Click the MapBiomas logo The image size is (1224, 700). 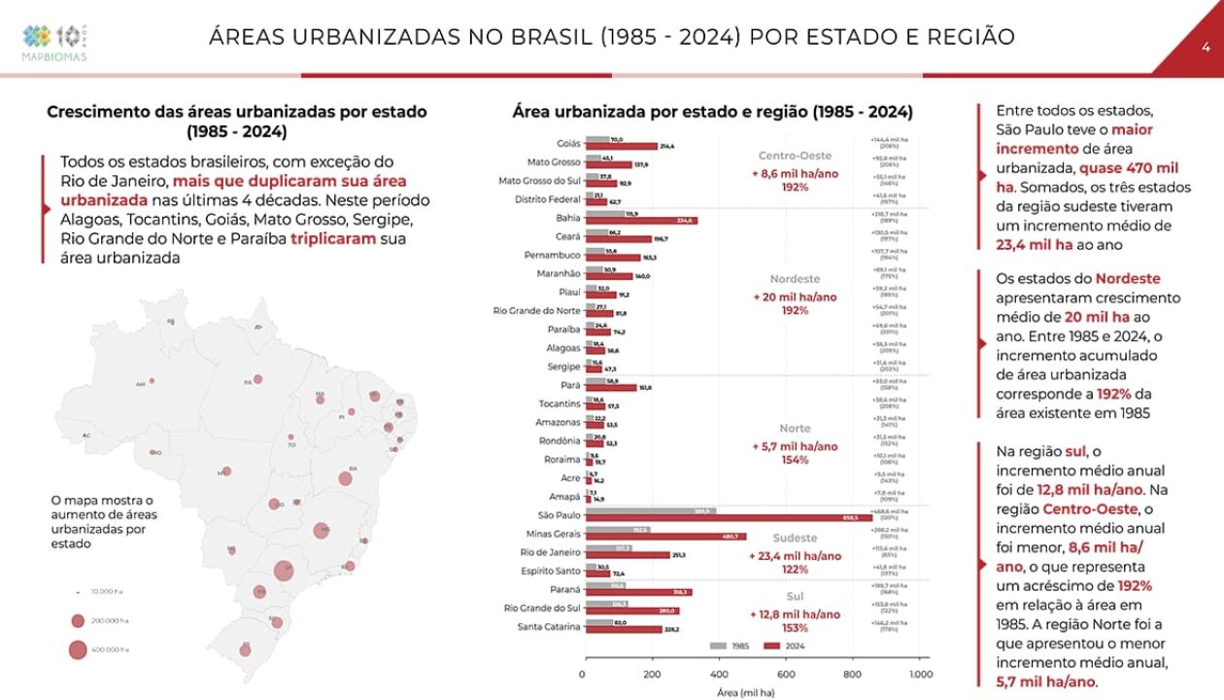[x=55, y=42]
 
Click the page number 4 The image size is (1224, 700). [x=1206, y=47]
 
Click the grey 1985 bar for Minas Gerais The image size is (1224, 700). [x=617, y=530]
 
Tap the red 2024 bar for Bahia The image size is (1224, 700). [x=641, y=221]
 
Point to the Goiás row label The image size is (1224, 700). [x=568, y=143]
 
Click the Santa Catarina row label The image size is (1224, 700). [x=550, y=626]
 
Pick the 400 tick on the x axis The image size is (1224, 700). [x=719, y=674]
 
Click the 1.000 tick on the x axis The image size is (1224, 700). [x=920, y=674]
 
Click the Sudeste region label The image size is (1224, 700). [x=795, y=538]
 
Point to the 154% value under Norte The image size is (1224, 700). [x=795, y=460]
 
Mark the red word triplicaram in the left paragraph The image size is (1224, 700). [x=332, y=238]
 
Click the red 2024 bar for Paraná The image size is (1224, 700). [x=637, y=591]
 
